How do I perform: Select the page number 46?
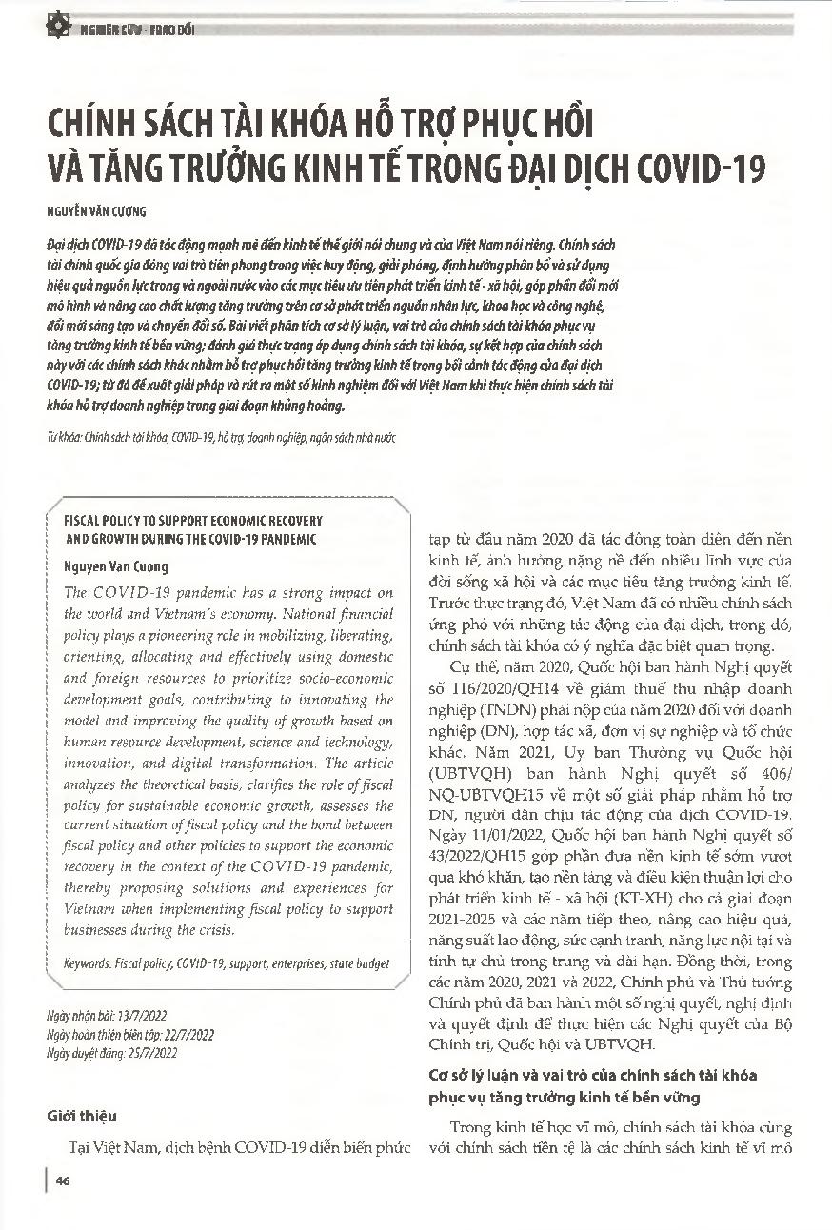[x=63, y=1181]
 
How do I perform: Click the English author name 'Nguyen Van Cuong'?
[x=115, y=566]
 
